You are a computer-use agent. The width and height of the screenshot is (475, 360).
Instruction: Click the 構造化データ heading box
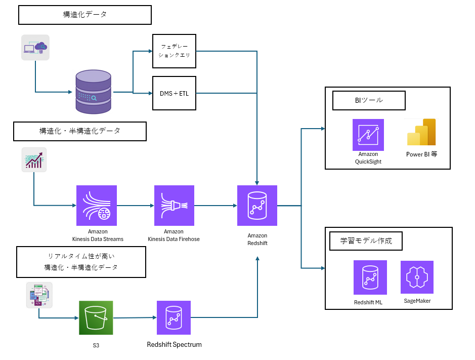tap(85, 15)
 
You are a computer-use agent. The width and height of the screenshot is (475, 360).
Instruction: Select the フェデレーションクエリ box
tap(174, 51)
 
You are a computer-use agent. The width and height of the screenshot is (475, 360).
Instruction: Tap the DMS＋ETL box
tap(174, 93)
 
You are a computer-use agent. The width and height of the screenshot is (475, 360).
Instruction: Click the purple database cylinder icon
tap(93, 92)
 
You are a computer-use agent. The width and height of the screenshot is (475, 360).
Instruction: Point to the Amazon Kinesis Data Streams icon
tap(97, 206)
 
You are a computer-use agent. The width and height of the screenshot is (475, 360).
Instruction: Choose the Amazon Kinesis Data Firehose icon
tap(174, 206)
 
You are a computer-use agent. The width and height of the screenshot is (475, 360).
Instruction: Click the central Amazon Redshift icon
tap(257, 206)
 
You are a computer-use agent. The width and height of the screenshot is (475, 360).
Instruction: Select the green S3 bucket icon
tap(96, 318)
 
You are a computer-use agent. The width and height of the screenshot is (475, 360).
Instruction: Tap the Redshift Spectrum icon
tap(174, 318)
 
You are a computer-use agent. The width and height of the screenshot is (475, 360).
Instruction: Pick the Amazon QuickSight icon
tap(368, 135)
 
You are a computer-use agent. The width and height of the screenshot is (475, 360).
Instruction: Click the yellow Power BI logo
tap(421, 132)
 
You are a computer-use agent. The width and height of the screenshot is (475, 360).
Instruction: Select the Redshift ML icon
tap(370, 277)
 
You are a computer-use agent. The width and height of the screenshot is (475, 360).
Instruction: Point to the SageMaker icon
tap(417, 277)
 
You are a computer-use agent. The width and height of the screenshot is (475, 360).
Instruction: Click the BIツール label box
tap(369, 100)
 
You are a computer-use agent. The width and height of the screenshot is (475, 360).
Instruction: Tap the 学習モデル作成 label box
tap(365, 241)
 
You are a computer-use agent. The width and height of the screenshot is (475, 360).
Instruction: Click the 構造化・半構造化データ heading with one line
tap(80, 131)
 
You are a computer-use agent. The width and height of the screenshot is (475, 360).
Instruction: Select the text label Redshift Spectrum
tap(174, 345)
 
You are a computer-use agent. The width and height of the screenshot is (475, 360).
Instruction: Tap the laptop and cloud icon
tap(35, 48)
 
